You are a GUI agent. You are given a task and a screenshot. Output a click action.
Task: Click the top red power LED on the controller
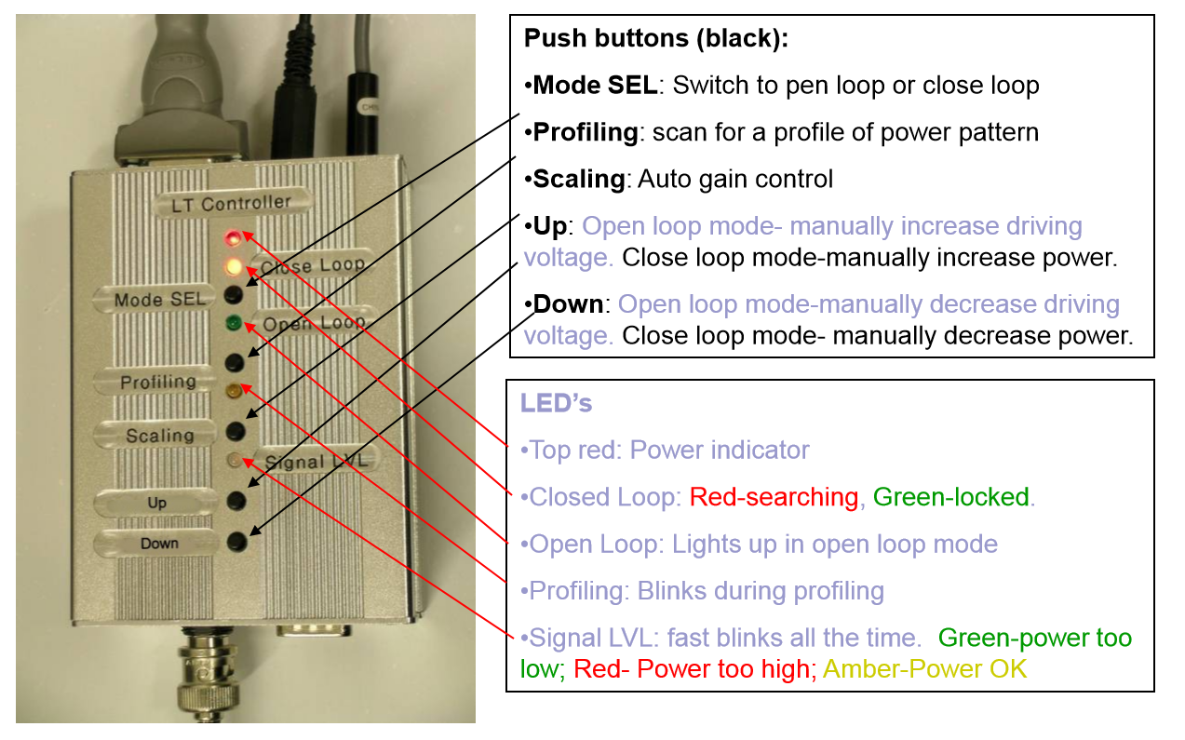tap(232, 237)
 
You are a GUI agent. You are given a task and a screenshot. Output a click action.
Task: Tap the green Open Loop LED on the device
tap(235, 324)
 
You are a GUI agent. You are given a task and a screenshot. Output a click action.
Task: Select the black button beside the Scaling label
tap(236, 430)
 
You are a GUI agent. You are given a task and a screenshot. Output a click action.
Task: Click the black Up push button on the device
tap(237, 501)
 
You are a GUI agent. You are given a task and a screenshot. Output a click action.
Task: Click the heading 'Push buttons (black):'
tap(656, 39)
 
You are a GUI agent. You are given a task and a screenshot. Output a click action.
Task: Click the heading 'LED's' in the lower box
tap(556, 404)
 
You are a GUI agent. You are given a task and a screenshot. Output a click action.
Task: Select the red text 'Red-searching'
tap(774, 497)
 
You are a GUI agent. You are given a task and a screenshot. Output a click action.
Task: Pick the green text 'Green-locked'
tap(951, 497)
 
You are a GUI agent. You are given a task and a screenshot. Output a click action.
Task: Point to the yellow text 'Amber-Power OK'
tap(925, 668)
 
